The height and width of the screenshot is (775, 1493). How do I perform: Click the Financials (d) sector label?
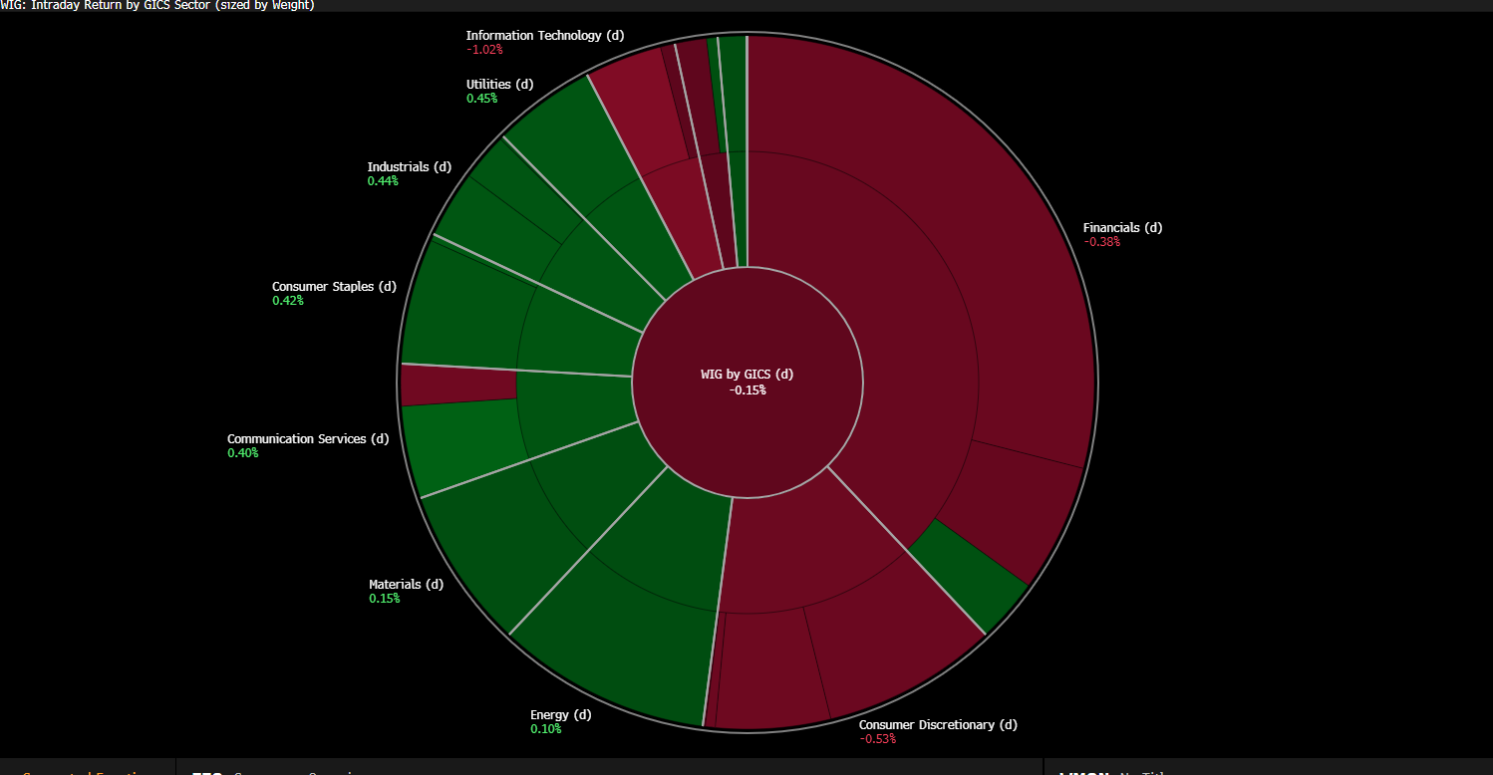(x=1122, y=227)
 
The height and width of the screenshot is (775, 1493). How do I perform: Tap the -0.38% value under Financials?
(x=1101, y=242)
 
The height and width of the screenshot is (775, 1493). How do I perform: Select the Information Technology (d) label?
(x=544, y=35)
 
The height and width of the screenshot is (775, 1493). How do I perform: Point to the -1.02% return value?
(x=484, y=49)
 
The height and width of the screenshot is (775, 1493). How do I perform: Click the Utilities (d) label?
(x=499, y=84)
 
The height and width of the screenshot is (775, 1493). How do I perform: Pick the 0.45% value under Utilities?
(x=481, y=98)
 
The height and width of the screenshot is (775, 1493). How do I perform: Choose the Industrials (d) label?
(x=409, y=166)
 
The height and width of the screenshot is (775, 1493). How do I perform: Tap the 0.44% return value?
(x=383, y=180)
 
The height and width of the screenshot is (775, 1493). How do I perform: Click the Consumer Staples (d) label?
(x=334, y=286)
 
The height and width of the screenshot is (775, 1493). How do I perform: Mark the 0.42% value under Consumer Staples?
(x=288, y=300)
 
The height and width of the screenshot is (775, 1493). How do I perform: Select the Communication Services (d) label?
(x=308, y=438)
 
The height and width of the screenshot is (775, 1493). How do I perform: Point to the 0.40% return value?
(x=243, y=452)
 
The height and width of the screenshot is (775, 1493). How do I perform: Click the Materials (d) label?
(x=406, y=584)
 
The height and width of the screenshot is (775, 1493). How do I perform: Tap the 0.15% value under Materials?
(x=384, y=598)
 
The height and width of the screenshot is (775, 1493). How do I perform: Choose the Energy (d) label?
(x=560, y=714)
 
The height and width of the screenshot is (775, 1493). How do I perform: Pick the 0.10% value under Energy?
(x=545, y=728)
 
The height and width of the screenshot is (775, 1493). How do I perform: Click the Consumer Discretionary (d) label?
(x=938, y=724)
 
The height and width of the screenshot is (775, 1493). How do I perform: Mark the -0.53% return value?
(x=877, y=738)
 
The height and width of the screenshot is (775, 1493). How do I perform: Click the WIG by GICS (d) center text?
(x=746, y=375)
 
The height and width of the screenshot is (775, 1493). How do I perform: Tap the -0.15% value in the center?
(x=746, y=389)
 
